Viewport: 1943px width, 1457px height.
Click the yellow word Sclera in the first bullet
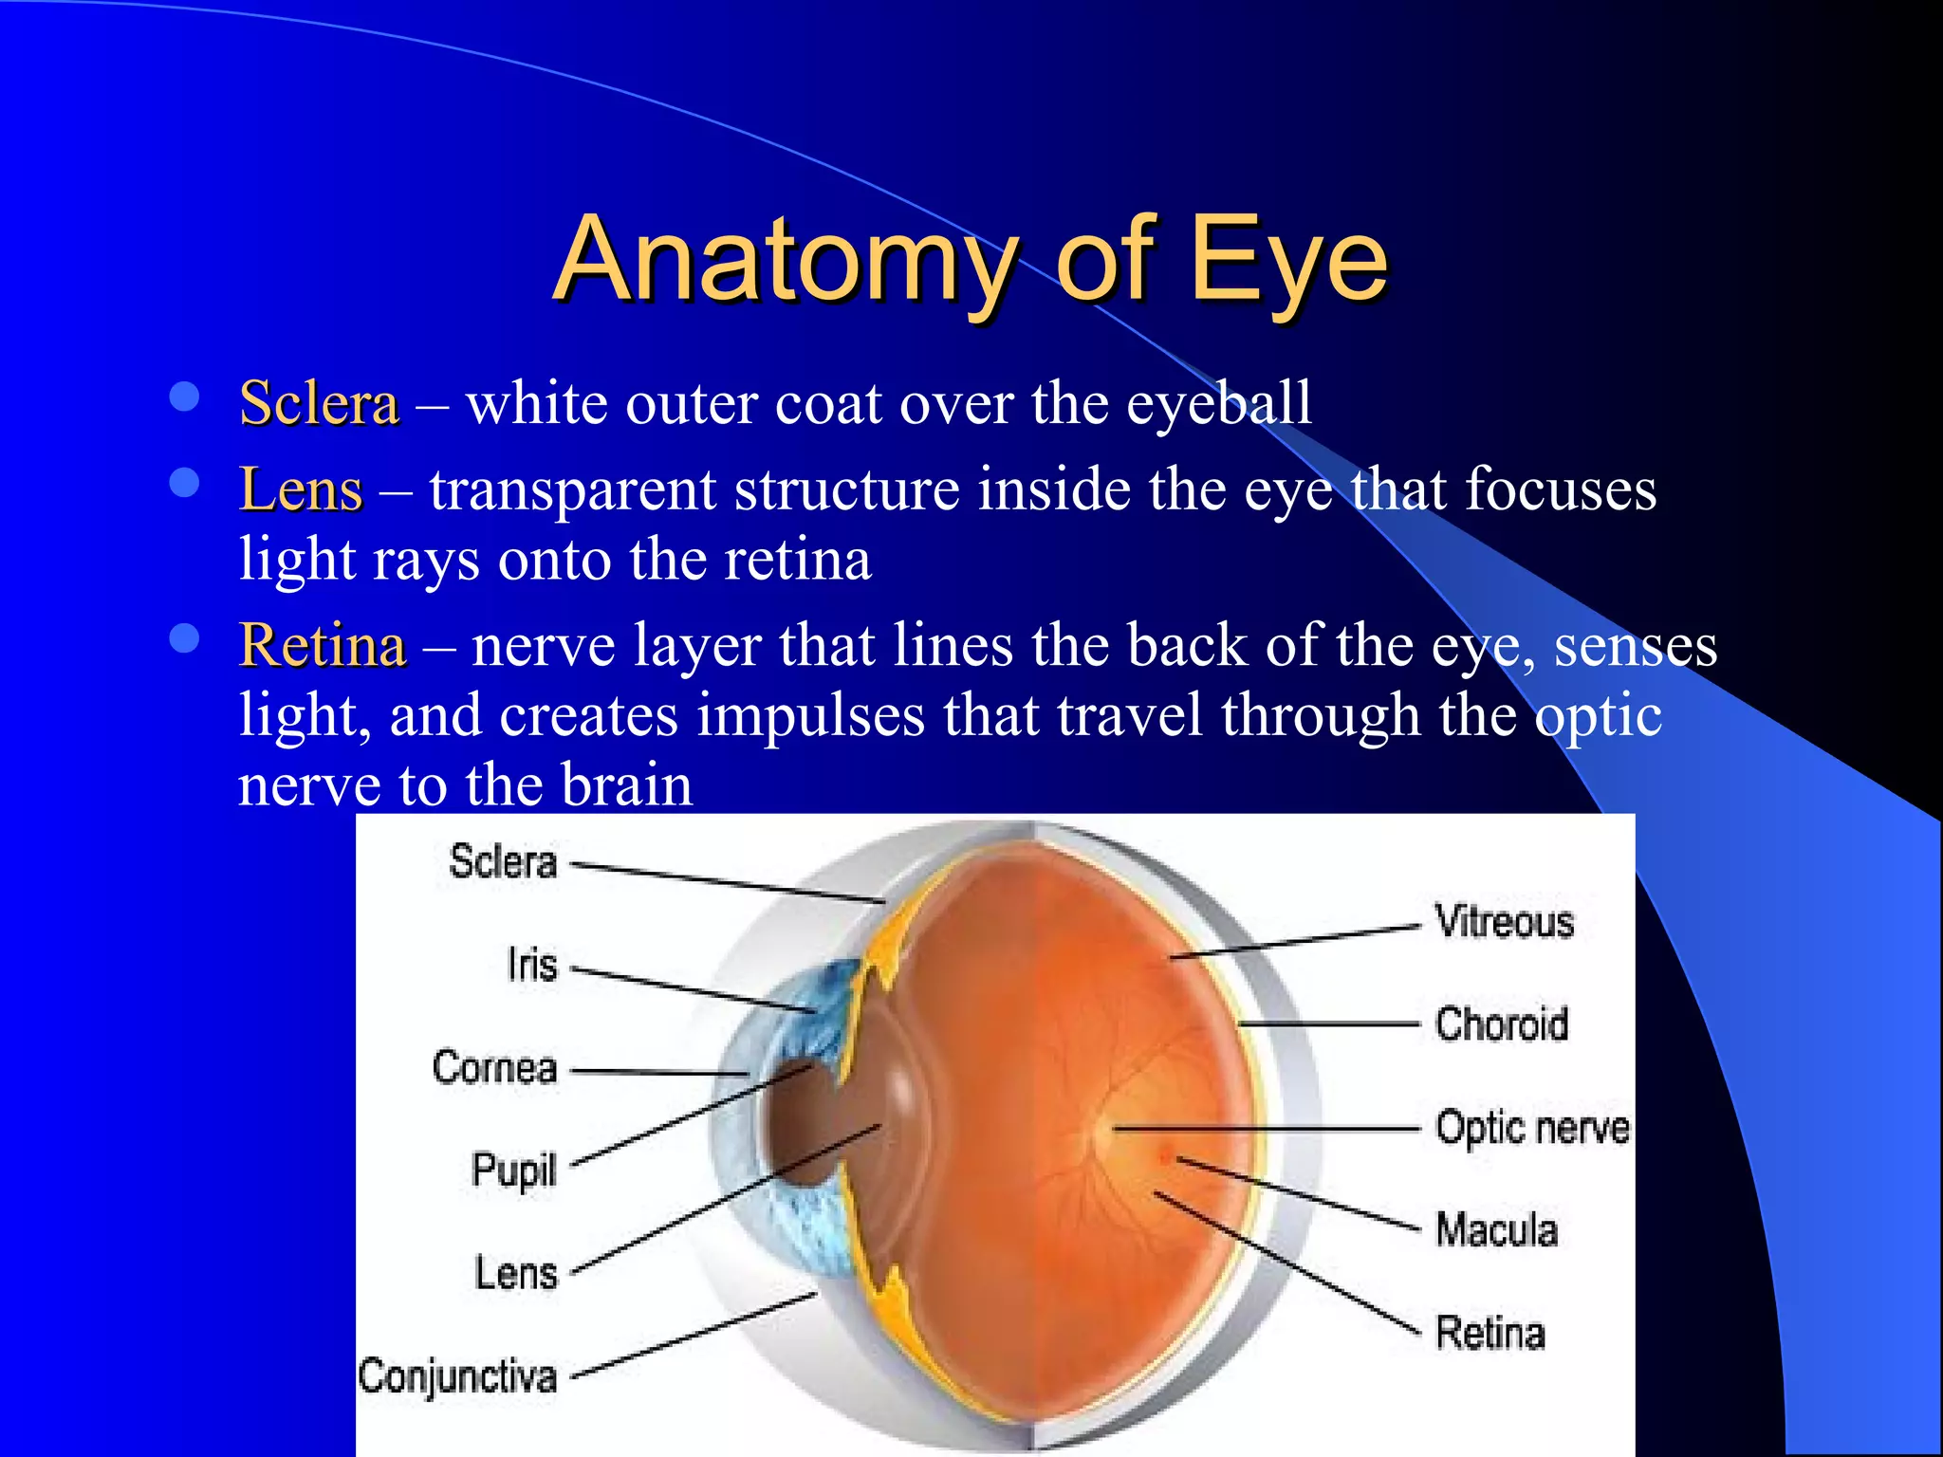(x=319, y=403)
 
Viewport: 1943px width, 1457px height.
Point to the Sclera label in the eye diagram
(x=502, y=861)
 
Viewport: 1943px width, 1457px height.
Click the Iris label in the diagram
(x=531, y=965)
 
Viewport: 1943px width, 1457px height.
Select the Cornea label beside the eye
(x=494, y=1067)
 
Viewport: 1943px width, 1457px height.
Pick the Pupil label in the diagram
(x=513, y=1171)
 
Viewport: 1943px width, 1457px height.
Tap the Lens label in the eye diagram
(x=515, y=1273)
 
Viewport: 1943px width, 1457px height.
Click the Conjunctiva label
(x=457, y=1376)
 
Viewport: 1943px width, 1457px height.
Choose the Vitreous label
(x=1504, y=922)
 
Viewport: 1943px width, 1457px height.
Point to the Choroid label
(x=1501, y=1024)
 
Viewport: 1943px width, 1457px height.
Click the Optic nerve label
(x=1531, y=1128)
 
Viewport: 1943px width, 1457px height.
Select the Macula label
(x=1496, y=1230)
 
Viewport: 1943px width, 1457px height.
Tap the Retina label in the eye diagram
(x=1490, y=1333)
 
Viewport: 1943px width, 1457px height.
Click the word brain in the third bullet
(x=626, y=785)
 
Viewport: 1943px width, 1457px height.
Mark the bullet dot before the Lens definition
(x=184, y=483)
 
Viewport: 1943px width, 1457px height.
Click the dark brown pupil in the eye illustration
(x=802, y=1124)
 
